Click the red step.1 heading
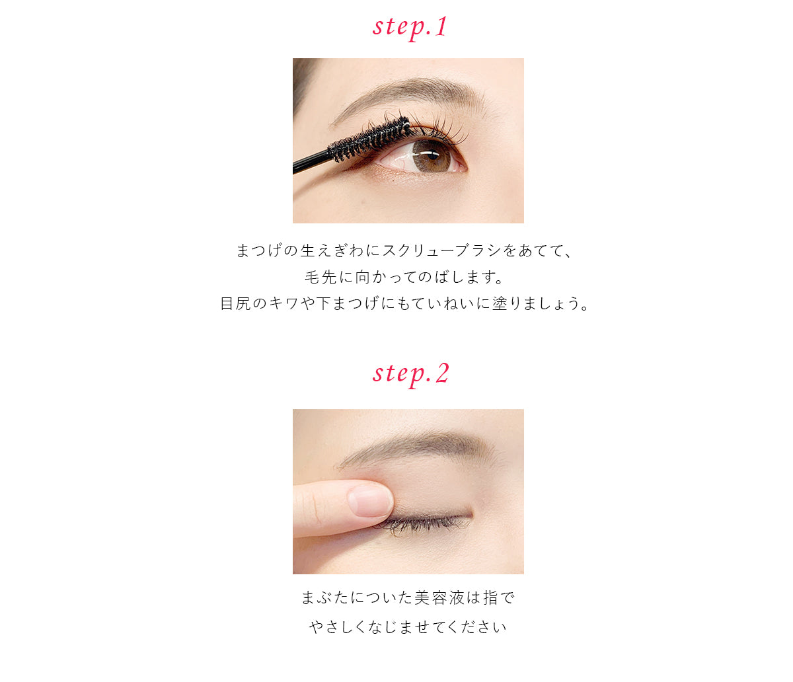pos(410,27)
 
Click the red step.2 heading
pos(410,373)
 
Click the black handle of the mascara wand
pos(309,162)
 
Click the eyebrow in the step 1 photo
pos(410,91)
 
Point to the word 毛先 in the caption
pos(321,278)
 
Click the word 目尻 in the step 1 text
pos(236,304)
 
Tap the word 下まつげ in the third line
pos(348,304)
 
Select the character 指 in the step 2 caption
pos(490,598)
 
